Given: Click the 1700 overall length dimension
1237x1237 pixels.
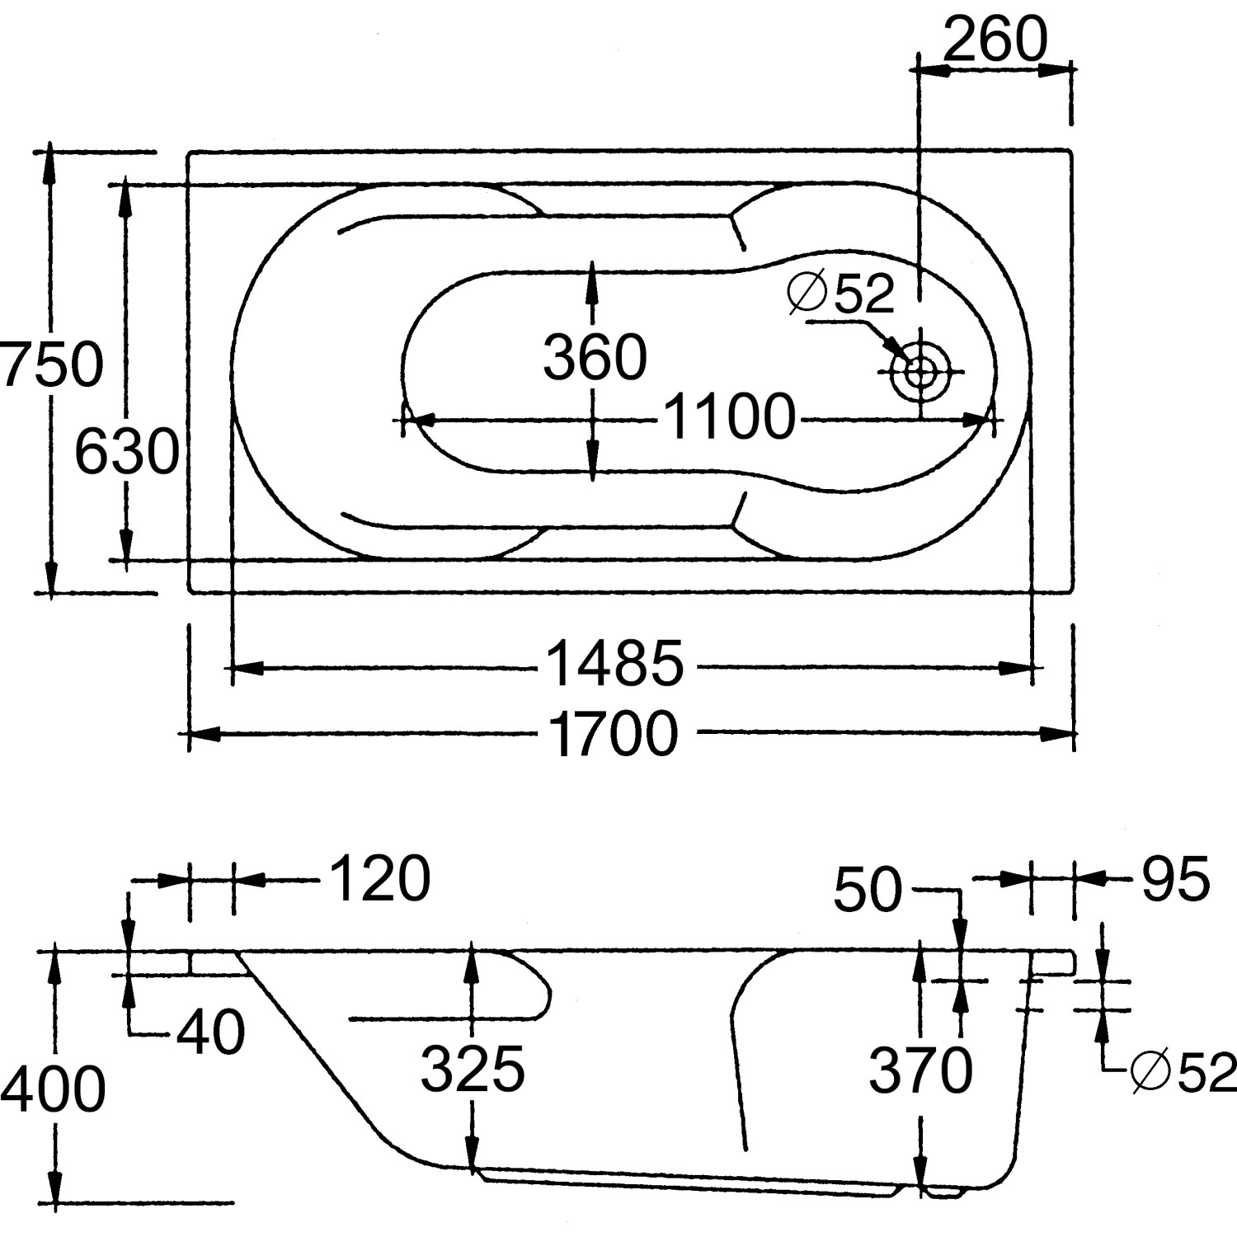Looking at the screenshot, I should point(612,733).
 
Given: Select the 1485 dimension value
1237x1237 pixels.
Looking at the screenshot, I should point(615,664).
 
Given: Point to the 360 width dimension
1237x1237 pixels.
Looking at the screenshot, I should point(595,357).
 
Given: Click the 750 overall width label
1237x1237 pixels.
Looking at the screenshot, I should point(51,365).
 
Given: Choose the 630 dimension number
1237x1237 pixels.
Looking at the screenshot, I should point(126,453).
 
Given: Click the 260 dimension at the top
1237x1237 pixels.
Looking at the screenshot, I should point(995,39).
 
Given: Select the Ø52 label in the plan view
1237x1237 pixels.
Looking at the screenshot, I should point(841,293).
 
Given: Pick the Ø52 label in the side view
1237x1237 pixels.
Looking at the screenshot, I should point(1184,1072).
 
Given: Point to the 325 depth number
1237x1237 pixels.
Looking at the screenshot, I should point(473,1069).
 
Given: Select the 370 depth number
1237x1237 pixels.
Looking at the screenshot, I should point(920,1070).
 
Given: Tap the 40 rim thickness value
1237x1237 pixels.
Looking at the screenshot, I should point(211,1032).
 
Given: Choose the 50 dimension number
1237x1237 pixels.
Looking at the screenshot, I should point(868,891).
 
